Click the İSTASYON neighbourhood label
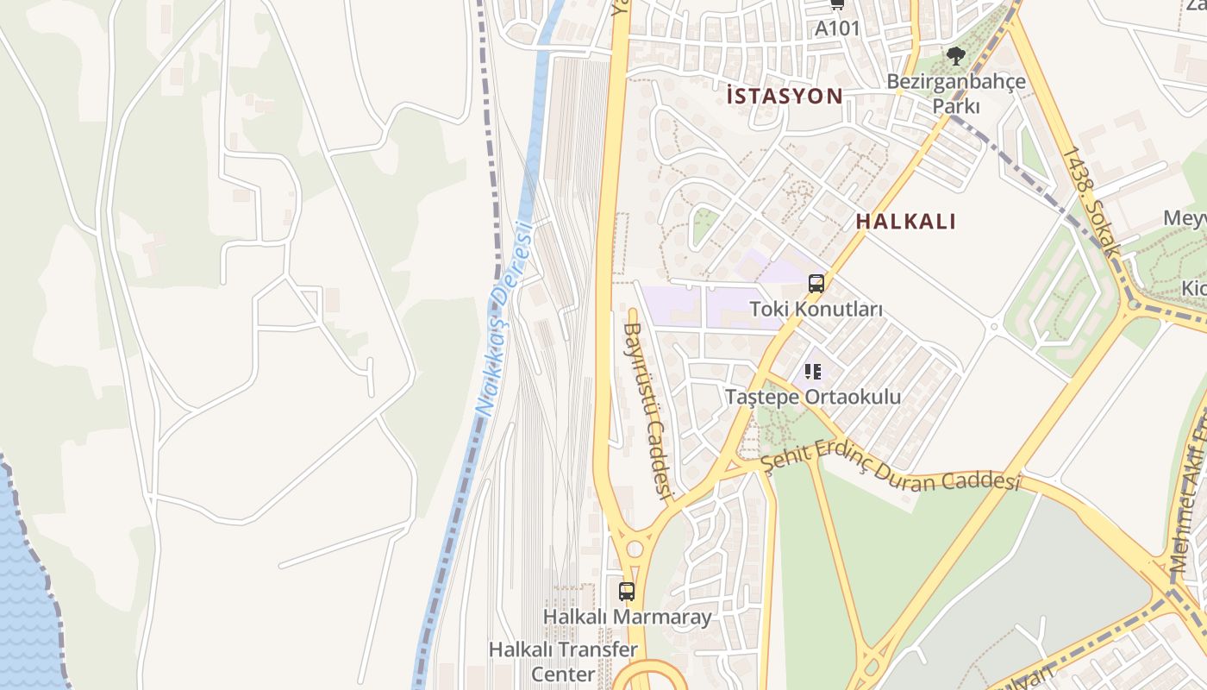click(x=784, y=96)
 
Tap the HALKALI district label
click(x=905, y=222)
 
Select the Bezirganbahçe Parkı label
click(x=956, y=94)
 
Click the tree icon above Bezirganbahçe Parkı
click(x=955, y=57)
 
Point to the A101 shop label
click(x=837, y=28)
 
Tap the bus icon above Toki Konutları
click(x=816, y=283)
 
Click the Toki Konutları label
click(x=816, y=309)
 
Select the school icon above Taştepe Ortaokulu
click(x=812, y=372)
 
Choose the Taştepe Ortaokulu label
click(x=812, y=398)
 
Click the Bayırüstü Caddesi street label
click(x=647, y=410)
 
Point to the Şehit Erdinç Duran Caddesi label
click(x=890, y=472)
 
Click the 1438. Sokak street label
click(x=1091, y=202)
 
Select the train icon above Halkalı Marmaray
click(x=627, y=592)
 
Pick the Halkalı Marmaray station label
click(x=627, y=617)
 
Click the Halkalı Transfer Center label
click(x=563, y=661)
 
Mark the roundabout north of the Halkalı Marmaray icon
click(x=635, y=549)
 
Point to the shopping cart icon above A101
click(x=837, y=4)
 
